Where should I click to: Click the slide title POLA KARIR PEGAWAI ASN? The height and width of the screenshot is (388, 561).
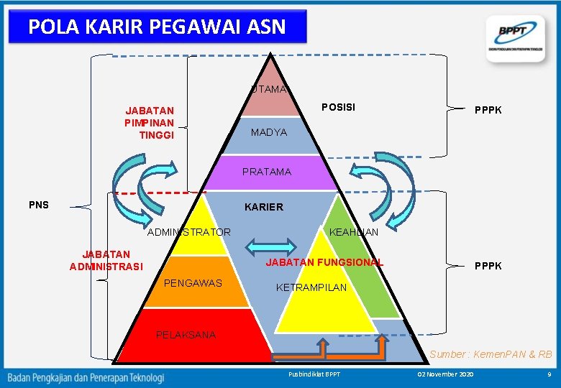pos(157,27)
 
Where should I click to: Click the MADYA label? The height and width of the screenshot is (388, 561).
pos(269,133)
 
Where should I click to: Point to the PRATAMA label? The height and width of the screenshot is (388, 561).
pos(267,172)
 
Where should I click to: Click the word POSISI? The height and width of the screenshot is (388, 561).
pos(338,107)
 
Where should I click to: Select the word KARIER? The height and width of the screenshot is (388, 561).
pos(264,207)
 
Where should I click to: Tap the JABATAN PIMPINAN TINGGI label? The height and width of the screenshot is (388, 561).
pos(150,123)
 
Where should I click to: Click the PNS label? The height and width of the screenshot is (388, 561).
pos(39,205)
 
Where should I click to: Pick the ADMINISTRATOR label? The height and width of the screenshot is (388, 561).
pos(188,232)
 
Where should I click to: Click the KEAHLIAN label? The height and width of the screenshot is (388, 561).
pos(353,232)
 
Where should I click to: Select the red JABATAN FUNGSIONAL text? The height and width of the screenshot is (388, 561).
pos(324,262)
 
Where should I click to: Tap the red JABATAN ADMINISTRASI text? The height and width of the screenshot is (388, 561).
pos(106,260)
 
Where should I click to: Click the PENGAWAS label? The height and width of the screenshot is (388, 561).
pos(193,283)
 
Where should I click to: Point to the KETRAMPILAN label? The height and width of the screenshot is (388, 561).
pos(311,287)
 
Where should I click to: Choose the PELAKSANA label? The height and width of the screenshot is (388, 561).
pos(186,335)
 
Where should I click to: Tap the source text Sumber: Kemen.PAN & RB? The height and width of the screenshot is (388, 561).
pos(491,354)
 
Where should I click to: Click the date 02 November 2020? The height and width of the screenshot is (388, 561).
pos(446,375)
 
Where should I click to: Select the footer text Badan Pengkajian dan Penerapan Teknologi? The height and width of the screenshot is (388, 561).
pos(86,377)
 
